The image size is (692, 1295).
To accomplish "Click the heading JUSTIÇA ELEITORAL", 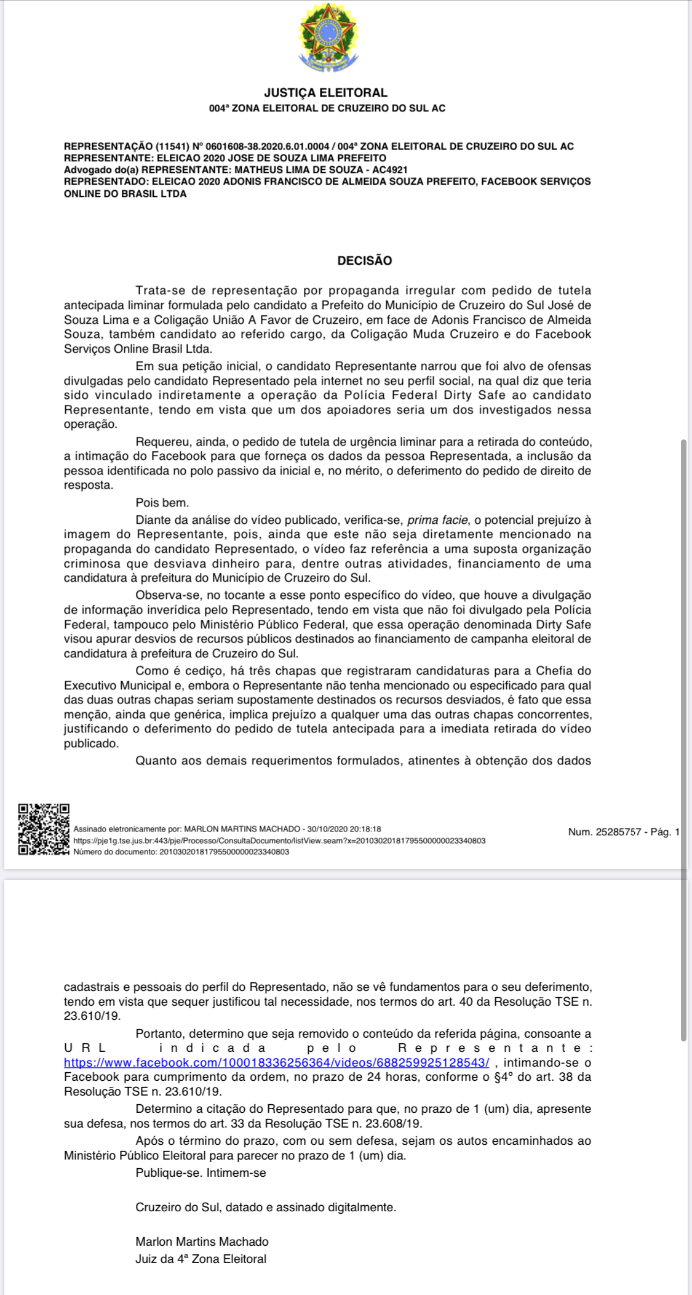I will click(x=325, y=93).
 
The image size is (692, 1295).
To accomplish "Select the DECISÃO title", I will click(x=364, y=260).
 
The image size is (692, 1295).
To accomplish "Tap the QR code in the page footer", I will click(x=43, y=829).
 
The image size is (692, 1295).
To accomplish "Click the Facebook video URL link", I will click(x=277, y=1063).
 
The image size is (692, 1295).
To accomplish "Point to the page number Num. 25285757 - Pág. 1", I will click(x=624, y=832).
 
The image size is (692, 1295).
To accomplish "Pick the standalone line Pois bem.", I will click(x=162, y=503).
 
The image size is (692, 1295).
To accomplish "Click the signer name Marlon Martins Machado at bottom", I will click(x=202, y=1242).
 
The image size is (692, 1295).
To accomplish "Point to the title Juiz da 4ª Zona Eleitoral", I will click(x=201, y=1259).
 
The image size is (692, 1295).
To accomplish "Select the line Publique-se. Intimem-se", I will click(x=201, y=1173).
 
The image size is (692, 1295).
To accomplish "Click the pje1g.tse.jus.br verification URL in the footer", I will click(x=279, y=840).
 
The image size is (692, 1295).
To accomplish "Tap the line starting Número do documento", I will click(x=181, y=852).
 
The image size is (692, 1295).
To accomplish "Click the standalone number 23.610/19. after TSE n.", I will click(x=92, y=1016).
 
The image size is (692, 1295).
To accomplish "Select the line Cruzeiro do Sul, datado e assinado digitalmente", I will click(x=266, y=1208).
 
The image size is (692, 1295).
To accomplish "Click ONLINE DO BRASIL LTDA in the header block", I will click(x=125, y=194).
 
